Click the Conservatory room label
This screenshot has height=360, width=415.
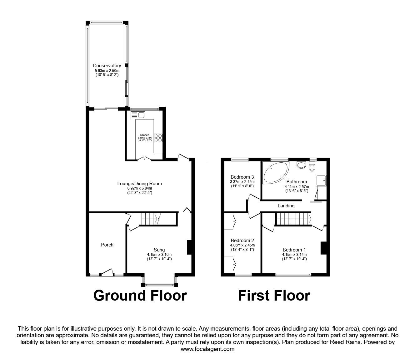pos(107,66)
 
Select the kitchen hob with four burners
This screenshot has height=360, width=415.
pos(158,138)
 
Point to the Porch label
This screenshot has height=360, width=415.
pos(107,245)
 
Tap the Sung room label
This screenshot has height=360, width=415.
pos(159,250)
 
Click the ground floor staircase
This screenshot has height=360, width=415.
pos(151,219)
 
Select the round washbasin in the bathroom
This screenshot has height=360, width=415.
pos(301,165)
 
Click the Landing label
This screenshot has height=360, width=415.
pos(286,206)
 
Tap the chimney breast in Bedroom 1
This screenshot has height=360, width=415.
pos(323,248)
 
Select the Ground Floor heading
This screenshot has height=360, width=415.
pos(140,296)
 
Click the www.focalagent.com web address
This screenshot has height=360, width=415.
pos(207,349)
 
